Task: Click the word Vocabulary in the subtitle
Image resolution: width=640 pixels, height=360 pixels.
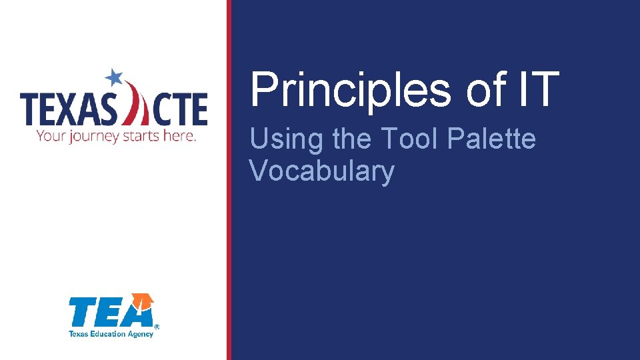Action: pos(321,171)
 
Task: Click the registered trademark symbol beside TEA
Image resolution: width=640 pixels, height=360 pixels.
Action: pos(157,327)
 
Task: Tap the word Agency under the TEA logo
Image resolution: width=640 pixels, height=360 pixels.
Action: pos(141,333)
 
